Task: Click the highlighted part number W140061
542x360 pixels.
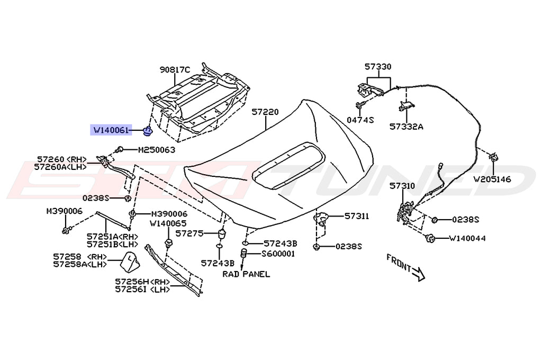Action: (x=110, y=130)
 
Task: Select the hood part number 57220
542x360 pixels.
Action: (x=265, y=113)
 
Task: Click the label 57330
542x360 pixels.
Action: (x=378, y=67)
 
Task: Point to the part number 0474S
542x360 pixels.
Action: (x=360, y=120)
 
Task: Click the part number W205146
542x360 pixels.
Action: (x=492, y=179)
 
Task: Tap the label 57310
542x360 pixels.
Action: (x=402, y=186)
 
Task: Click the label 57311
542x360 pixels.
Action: (x=357, y=216)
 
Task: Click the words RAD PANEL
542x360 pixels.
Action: (x=246, y=274)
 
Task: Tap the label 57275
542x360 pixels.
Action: (x=189, y=233)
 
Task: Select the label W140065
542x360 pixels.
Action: (x=168, y=224)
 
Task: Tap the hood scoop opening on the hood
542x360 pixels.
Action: (x=286, y=169)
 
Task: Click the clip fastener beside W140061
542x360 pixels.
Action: (x=148, y=130)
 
